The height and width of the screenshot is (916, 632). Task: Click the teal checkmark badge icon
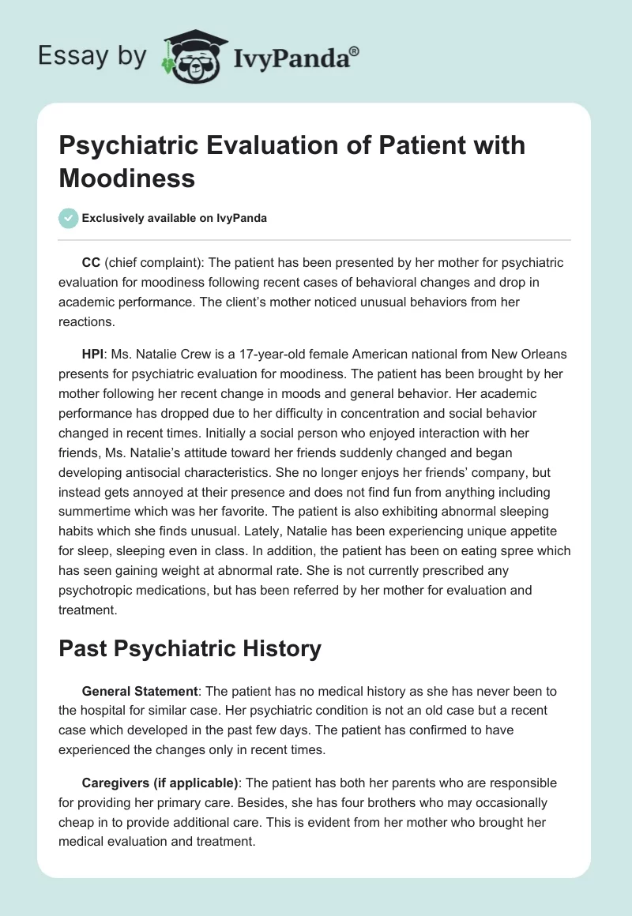coord(69,218)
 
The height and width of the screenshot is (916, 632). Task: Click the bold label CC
coord(90,262)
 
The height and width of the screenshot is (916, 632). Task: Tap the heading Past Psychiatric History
coord(190,649)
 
